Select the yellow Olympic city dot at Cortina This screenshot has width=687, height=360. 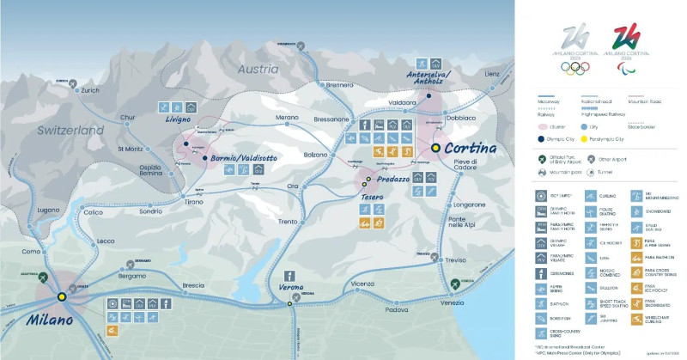click(x=435, y=148)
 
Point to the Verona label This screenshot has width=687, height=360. click(x=293, y=287)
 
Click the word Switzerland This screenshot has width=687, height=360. click(x=71, y=131)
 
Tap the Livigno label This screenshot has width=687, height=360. click(x=179, y=120)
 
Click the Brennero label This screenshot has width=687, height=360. click(x=340, y=85)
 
